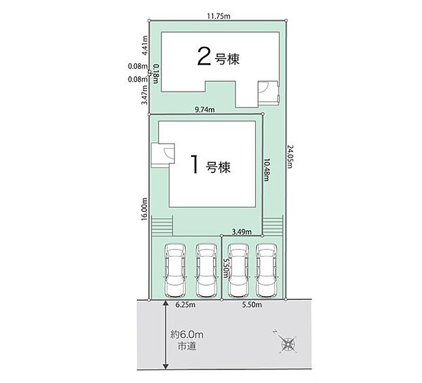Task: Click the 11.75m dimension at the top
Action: [x=218, y=16]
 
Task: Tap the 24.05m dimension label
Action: [x=289, y=157]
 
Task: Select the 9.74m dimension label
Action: [x=205, y=109]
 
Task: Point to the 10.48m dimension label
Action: [x=266, y=170]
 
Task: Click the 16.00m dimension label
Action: [x=144, y=209]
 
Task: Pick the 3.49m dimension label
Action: [x=242, y=232]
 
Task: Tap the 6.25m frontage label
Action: [x=185, y=305]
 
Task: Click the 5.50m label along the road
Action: [x=252, y=305]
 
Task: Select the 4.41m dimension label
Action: [x=145, y=45]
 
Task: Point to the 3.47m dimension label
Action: [x=145, y=94]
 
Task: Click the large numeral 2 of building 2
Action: [x=204, y=56]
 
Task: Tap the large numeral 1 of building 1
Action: [x=195, y=164]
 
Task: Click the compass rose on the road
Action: [x=288, y=343]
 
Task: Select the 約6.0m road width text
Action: [x=186, y=335]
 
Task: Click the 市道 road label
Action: [x=186, y=346]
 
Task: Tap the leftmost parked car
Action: [x=175, y=270]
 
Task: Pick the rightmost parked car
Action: [x=267, y=270]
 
